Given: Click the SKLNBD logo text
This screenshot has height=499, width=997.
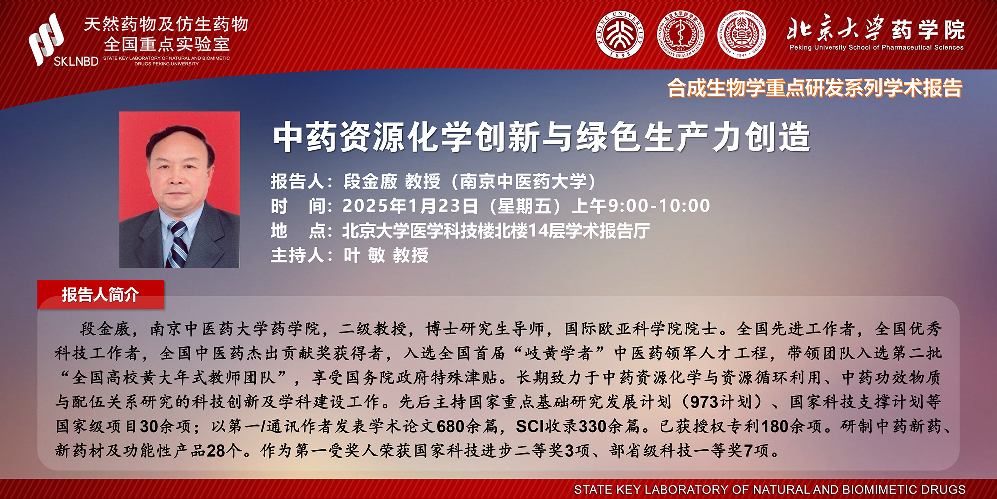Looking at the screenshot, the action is (x=76, y=61).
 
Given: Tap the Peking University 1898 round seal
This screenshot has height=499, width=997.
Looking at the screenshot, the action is (x=620, y=35).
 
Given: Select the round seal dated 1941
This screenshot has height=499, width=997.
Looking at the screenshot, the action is (x=742, y=35).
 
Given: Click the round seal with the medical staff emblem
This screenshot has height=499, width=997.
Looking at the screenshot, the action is (x=680, y=35).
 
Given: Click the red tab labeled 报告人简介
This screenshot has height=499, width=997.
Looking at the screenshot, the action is (x=100, y=294).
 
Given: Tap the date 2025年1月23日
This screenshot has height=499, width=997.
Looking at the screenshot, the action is (x=410, y=206).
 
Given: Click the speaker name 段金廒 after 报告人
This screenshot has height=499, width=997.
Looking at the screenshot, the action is (x=370, y=181).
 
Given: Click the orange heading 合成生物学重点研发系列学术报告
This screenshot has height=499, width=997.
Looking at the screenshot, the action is (x=815, y=88).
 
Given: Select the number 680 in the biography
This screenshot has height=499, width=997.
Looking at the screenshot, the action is (x=451, y=427).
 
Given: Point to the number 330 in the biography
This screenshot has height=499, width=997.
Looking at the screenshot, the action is (x=593, y=427).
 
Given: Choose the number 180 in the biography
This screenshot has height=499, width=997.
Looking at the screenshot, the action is (x=775, y=427).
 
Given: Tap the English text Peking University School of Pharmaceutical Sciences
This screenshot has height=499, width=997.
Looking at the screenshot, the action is (x=876, y=48).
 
